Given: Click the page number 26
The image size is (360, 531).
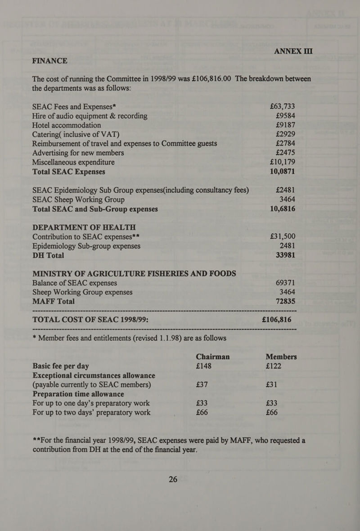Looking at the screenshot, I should pos(173,480).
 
